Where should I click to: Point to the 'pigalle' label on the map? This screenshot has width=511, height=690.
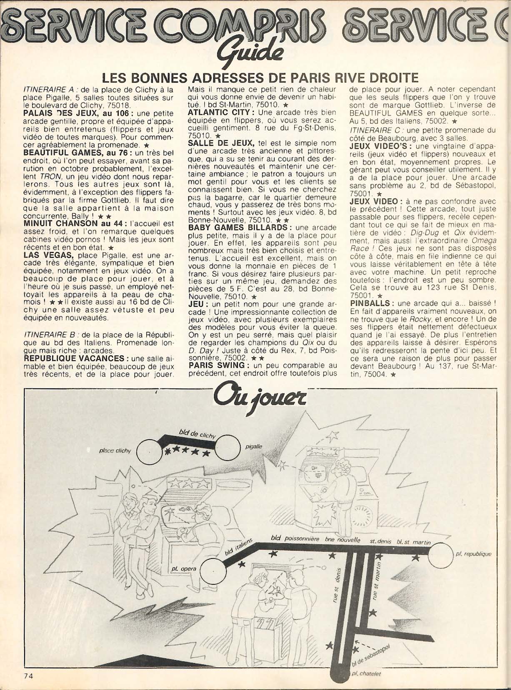253,446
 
